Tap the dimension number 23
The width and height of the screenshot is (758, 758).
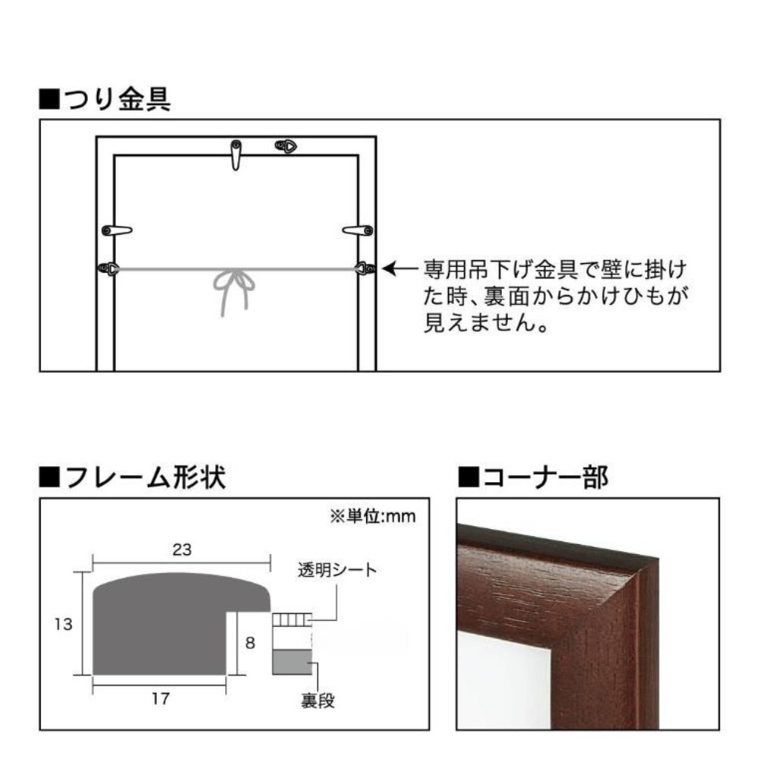point(182,550)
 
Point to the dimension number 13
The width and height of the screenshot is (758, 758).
point(64,624)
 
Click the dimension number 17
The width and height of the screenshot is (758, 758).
point(161,698)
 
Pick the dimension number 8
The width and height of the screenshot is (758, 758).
point(250,643)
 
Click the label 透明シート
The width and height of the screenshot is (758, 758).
point(337,570)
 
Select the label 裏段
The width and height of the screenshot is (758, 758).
point(318,700)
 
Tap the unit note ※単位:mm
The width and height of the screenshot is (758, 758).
point(373,516)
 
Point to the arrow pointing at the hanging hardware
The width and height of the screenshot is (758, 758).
point(400,268)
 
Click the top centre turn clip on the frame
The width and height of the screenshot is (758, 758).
point(236,155)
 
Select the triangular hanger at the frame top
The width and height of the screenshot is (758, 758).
point(286,146)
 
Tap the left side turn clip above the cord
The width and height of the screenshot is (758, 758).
point(117,230)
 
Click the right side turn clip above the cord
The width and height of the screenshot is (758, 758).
point(358,230)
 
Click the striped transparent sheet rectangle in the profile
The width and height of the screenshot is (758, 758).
point(292,620)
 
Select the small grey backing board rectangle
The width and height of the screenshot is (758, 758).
point(292,662)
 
